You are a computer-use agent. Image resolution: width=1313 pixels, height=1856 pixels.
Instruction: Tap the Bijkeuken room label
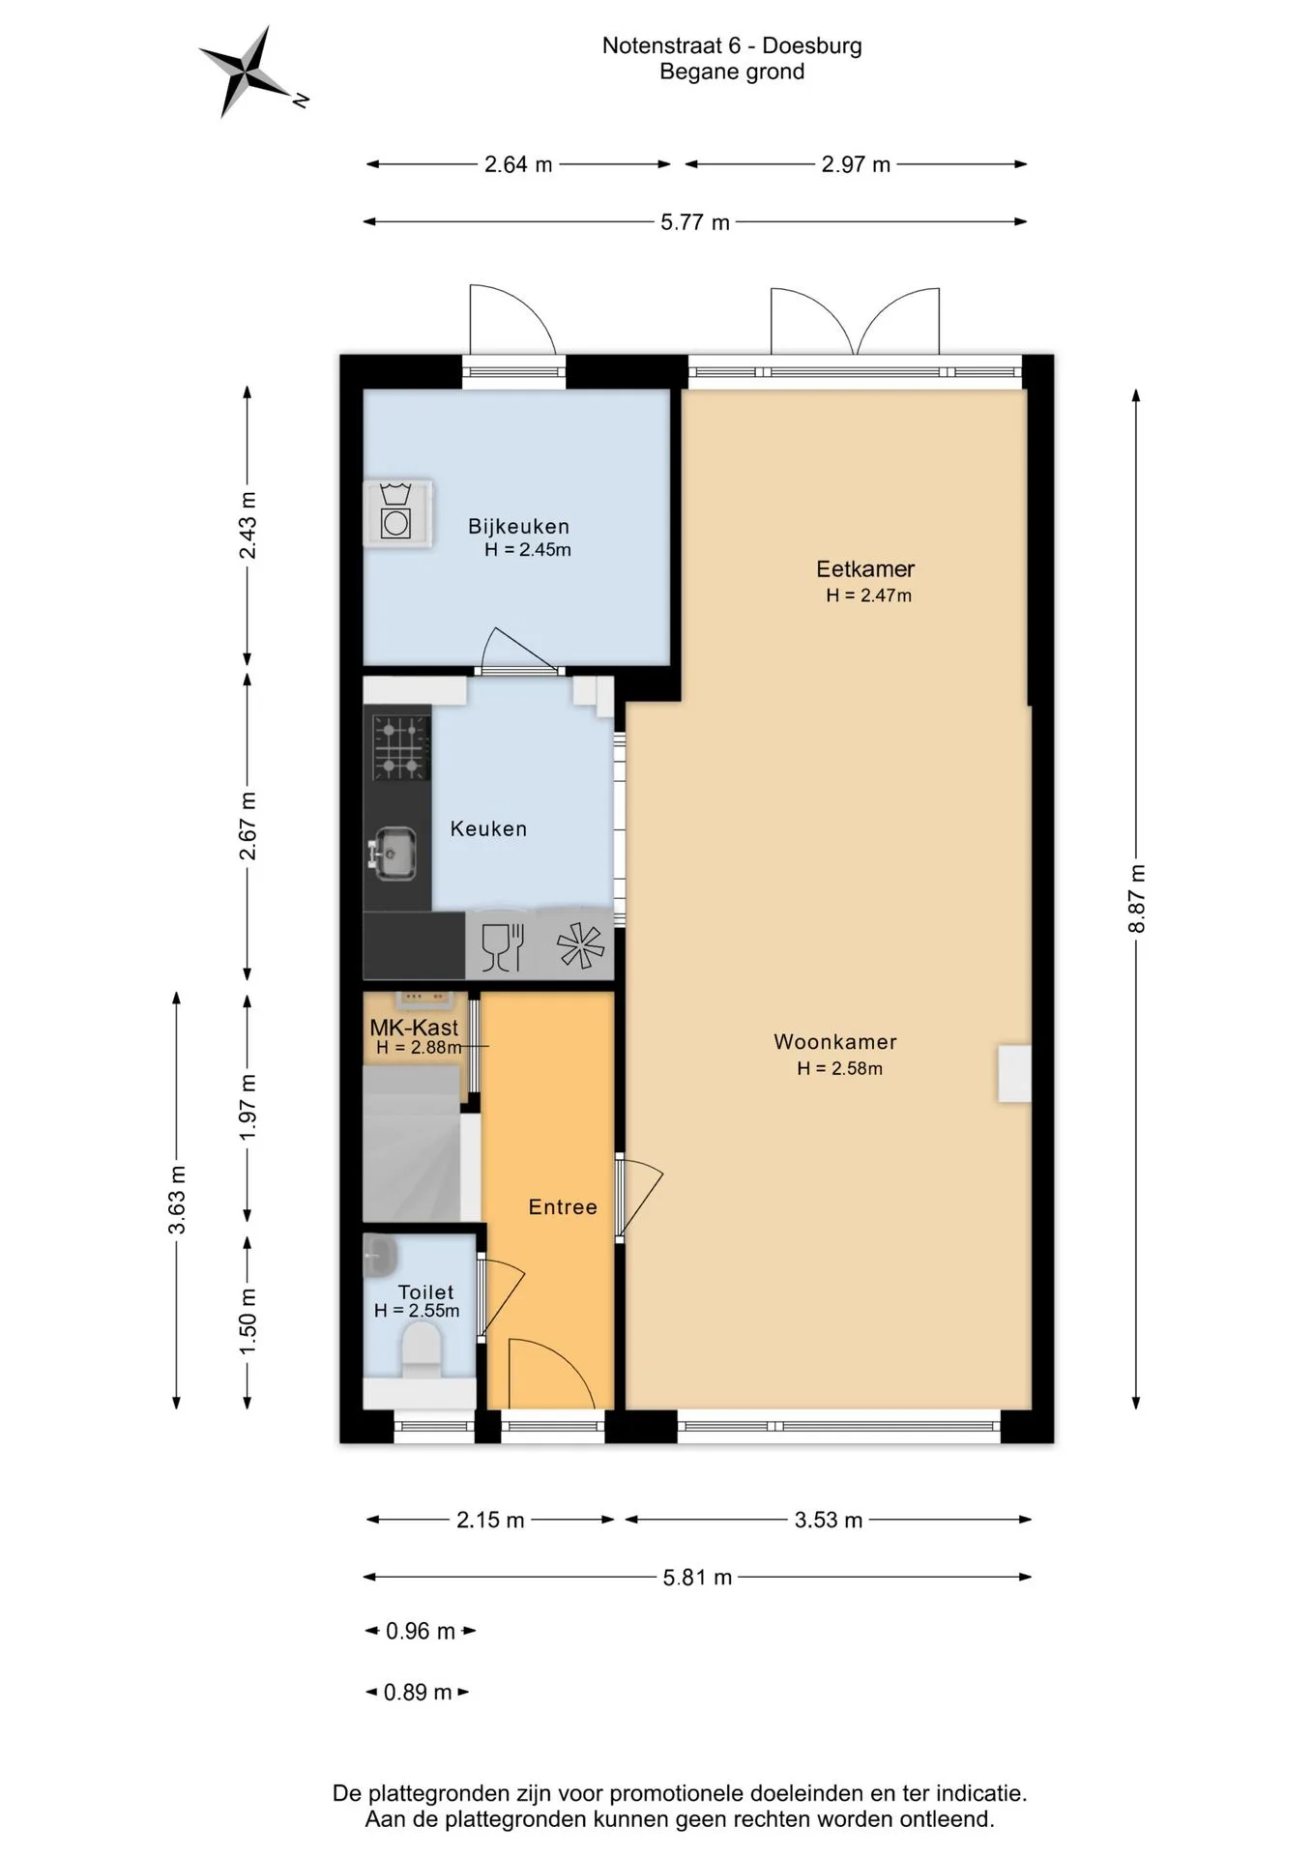(x=518, y=527)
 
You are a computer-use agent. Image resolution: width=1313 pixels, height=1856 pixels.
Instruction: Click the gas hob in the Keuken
(x=400, y=747)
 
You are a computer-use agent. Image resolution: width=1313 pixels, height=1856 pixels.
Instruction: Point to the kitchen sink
(x=394, y=854)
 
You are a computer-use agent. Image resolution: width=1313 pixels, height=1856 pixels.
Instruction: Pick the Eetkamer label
(x=865, y=569)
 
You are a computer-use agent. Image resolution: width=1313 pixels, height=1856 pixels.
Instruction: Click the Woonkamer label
(x=835, y=1042)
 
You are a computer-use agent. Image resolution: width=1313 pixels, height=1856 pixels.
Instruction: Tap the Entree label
(x=563, y=1207)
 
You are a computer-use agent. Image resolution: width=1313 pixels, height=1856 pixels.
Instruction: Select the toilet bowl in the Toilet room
(x=421, y=1349)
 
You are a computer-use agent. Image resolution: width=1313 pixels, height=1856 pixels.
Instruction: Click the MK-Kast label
(x=414, y=1028)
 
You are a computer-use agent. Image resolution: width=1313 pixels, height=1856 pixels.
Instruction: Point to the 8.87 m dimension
(x=1137, y=899)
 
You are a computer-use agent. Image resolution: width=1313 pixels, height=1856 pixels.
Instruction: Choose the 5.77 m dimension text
(x=695, y=222)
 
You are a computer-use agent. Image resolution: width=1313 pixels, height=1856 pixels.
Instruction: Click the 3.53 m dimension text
(x=829, y=1520)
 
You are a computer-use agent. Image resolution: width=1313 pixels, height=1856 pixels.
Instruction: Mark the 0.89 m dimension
(x=418, y=1692)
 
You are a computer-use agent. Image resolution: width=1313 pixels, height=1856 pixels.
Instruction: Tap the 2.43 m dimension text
(x=248, y=525)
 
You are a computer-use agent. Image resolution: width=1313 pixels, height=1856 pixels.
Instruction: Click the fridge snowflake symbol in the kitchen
(x=580, y=945)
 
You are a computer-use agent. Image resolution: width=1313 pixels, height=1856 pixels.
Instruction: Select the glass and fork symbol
(x=503, y=946)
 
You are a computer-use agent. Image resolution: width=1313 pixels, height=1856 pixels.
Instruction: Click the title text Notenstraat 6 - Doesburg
(x=732, y=45)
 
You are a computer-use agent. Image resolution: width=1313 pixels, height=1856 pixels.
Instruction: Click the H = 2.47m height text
(x=868, y=595)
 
